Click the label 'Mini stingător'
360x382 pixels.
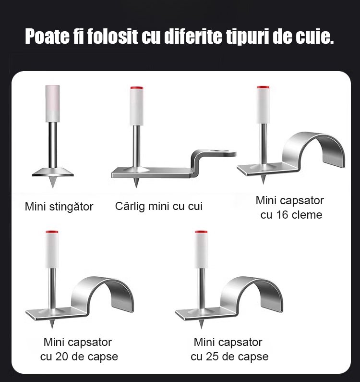click(x=59, y=207)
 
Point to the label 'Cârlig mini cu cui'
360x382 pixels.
click(x=159, y=206)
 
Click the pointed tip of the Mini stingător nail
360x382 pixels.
click(x=53, y=187)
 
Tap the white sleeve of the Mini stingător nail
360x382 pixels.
click(x=53, y=103)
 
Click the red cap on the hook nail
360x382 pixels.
click(x=136, y=88)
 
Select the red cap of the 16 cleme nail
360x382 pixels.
click(x=263, y=87)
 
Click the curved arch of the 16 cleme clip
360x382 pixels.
click(x=314, y=139)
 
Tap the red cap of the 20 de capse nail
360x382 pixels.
click(x=52, y=232)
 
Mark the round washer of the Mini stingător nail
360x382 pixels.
click(x=53, y=172)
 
